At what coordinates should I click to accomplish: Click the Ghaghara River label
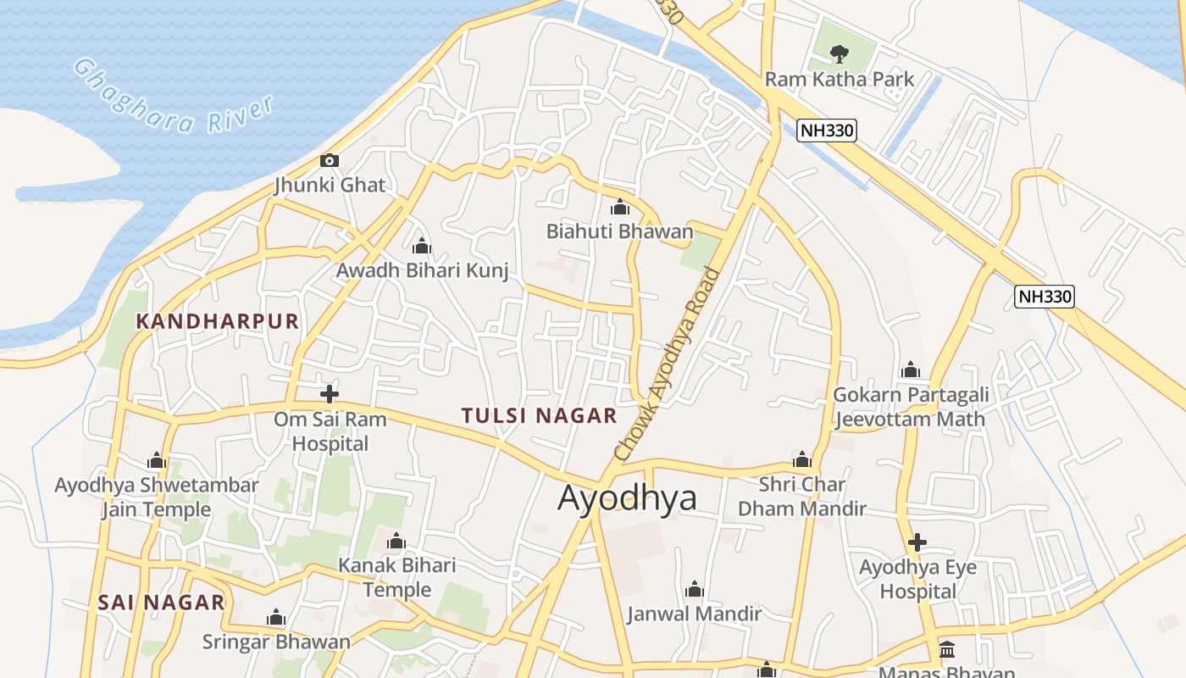click(x=174, y=96)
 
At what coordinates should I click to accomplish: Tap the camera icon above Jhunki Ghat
click(x=330, y=160)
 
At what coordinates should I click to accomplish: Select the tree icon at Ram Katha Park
click(x=839, y=54)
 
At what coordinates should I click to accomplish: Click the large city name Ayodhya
click(x=627, y=497)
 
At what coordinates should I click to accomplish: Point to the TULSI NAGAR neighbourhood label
click(x=539, y=415)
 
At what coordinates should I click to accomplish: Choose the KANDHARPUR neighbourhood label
click(x=218, y=321)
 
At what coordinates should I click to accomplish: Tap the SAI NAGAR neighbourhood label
click(x=161, y=603)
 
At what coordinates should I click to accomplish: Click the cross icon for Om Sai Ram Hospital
click(x=330, y=393)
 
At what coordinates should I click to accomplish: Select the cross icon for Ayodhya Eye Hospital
click(x=917, y=542)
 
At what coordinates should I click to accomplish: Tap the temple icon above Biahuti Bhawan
click(x=620, y=207)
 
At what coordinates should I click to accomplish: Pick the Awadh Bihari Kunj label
click(x=422, y=270)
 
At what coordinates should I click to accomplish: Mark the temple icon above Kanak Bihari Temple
click(x=396, y=542)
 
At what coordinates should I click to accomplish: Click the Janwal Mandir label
click(x=694, y=614)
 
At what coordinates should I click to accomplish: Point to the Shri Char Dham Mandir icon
click(x=801, y=460)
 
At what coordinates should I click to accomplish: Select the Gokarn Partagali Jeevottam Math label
click(x=910, y=407)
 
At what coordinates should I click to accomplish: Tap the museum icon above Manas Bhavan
click(x=947, y=650)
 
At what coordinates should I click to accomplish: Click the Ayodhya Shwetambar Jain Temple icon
click(x=157, y=461)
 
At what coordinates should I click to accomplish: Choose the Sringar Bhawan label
click(x=275, y=642)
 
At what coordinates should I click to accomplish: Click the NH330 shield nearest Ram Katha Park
click(x=827, y=131)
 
